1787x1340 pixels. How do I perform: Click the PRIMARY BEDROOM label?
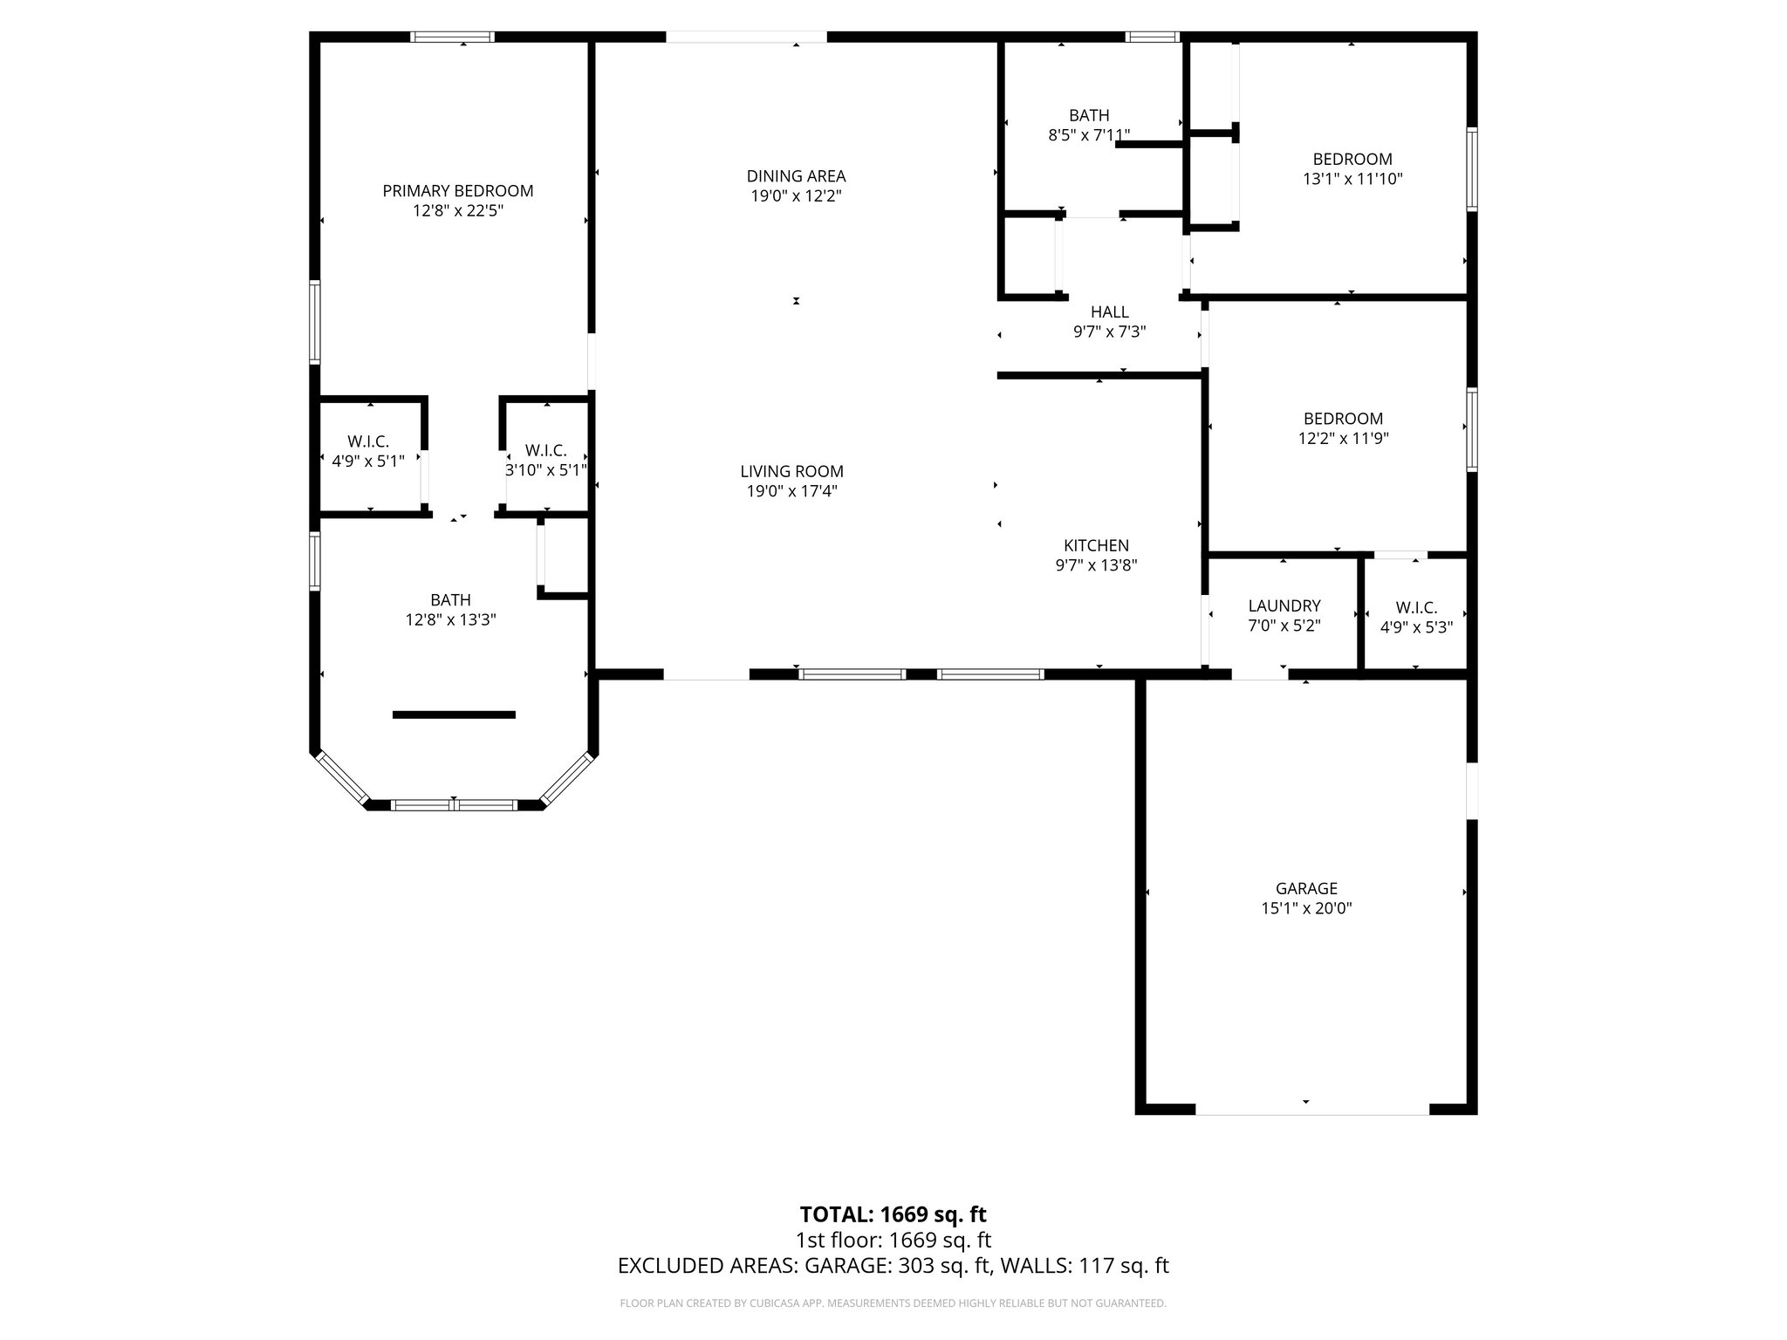pos(457,191)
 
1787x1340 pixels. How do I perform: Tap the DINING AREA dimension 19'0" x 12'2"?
pos(796,196)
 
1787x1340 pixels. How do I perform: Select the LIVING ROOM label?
pos(791,472)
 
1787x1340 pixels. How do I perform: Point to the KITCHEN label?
pos(1096,546)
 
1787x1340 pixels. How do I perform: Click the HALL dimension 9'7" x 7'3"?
pos(1109,332)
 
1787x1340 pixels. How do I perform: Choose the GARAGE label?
pos(1306,889)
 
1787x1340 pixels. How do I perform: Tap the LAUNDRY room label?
pos(1284,605)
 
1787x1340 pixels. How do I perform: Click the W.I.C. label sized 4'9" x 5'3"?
pos(1416,608)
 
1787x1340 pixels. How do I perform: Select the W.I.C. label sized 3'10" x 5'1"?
pos(546,451)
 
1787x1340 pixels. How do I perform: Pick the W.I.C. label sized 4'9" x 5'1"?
pos(367,442)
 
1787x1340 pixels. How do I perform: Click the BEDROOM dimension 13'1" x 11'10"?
pos(1352,179)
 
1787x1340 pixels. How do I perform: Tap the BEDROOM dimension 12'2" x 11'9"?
pos(1343,439)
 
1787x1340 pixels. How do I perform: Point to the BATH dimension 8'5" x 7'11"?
pos(1089,135)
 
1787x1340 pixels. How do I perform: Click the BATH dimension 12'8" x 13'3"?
pos(450,620)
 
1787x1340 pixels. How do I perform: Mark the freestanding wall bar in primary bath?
pos(454,714)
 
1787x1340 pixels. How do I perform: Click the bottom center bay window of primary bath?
pos(454,805)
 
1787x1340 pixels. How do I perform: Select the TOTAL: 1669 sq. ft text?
pos(893,1214)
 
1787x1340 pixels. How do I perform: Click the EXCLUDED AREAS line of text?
pos(893,1266)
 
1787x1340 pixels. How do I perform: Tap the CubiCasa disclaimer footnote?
pos(893,1303)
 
